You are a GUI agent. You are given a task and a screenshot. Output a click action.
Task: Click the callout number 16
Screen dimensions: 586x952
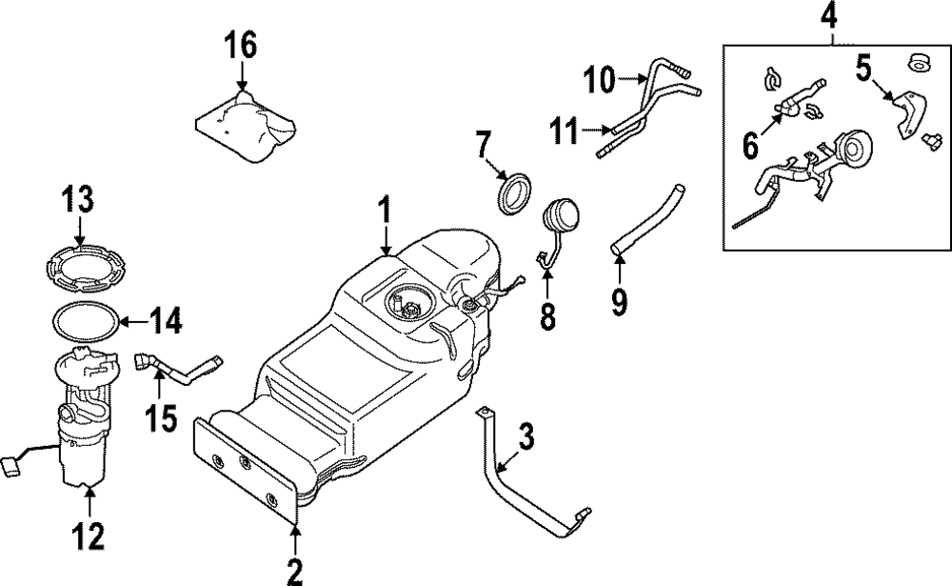coord(241,45)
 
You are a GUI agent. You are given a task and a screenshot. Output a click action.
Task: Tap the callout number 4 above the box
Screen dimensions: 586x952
coord(830,17)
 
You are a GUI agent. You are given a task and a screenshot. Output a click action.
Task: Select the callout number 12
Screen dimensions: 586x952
coord(89,537)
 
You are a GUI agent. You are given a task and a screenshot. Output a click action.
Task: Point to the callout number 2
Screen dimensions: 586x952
coord(295,571)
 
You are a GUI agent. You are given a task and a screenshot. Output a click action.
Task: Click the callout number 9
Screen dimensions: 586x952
coord(619,301)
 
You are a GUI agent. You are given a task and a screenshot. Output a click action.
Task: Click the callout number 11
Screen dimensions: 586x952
coord(566,131)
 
